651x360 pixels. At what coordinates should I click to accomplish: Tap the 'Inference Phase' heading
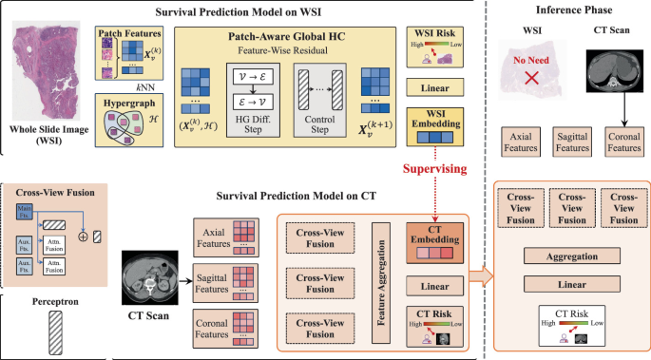pyautogui.click(x=568, y=11)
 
